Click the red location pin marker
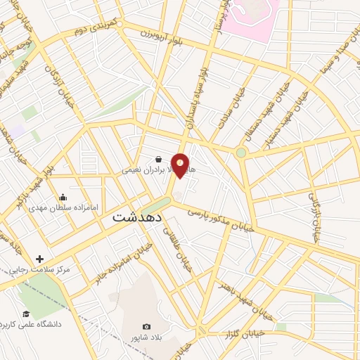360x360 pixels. tap(181, 165)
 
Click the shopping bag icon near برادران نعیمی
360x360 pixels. tap(159, 160)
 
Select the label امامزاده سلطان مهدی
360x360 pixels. tap(68, 208)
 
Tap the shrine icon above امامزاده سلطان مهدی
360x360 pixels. tap(63, 197)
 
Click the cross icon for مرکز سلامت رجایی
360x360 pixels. tap(40, 259)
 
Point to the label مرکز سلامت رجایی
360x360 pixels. tap(44, 269)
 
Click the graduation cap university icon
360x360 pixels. tap(26, 314)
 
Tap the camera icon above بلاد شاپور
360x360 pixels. tap(146, 327)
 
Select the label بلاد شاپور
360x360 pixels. tap(147, 337)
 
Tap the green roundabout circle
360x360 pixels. tap(241, 152)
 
